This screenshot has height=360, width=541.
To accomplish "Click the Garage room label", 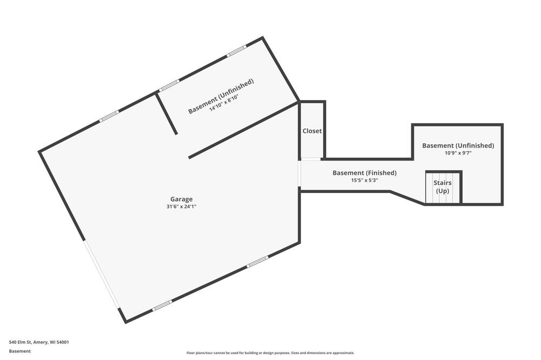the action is coord(181,199).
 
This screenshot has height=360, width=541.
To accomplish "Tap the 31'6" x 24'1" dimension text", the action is coord(181,206).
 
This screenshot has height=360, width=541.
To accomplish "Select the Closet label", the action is coord(312,131).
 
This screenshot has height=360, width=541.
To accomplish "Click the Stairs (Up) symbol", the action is coord(443,188).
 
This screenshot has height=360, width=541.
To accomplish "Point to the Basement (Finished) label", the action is coord(364,173).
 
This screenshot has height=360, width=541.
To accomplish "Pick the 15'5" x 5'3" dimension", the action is coord(365,180).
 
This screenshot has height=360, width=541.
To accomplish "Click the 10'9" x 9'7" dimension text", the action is coord(458,153).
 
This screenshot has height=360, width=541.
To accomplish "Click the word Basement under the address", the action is coord(19,351).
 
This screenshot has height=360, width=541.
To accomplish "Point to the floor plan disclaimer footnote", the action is coord(270,353).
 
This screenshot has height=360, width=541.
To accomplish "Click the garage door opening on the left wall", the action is coord(102,274).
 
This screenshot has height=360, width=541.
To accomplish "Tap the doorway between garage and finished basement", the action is coord(300,174).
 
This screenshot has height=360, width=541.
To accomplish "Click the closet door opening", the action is coord(311,159).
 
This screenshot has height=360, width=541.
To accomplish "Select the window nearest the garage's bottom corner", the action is coord(162,305).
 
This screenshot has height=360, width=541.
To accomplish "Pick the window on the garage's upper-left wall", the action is coord(109,116).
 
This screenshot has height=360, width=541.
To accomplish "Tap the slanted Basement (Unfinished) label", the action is coord(221,96).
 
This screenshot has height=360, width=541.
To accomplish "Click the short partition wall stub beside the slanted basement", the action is coord(166,113).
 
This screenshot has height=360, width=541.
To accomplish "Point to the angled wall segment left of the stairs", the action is coord(407,198).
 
